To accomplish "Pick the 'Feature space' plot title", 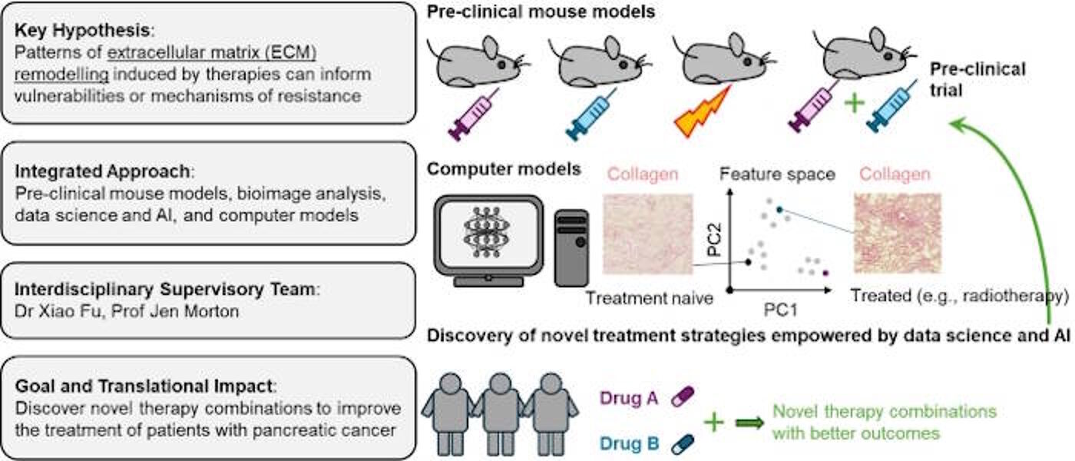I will click(777, 174).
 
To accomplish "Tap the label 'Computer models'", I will click(503, 169).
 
